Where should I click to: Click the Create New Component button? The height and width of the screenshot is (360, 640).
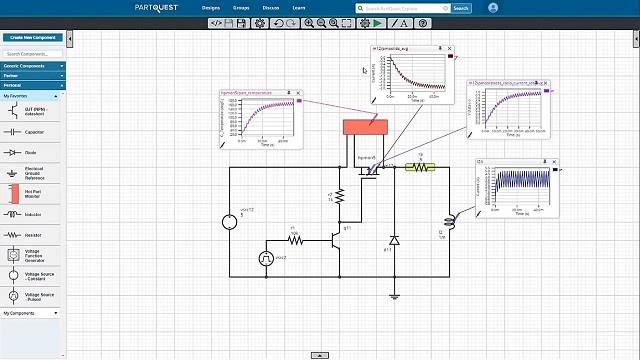click(x=32, y=37)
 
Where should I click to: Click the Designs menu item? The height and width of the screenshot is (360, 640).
click(x=211, y=7)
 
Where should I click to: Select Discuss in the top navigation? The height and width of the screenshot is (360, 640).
click(x=271, y=7)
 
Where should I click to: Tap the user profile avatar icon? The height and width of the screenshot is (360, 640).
click(x=493, y=7)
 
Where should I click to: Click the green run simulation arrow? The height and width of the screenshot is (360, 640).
click(x=378, y=22)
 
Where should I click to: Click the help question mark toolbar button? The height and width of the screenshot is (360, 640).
click(x=423, y=22)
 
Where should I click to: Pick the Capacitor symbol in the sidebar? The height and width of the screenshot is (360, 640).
click(x=14, y=131)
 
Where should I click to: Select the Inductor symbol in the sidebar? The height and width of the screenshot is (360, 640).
click(x=14, y=214)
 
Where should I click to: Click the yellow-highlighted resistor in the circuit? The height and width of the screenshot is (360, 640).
click(x=420, y=168)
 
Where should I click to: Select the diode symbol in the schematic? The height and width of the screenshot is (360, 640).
click(x=394, y=241)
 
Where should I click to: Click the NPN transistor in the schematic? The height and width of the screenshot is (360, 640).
click(x=336, y=239)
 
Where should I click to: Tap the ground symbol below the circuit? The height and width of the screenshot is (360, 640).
click(x=394, y=295)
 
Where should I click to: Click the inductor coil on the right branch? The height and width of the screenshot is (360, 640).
click(x=448, y=221)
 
